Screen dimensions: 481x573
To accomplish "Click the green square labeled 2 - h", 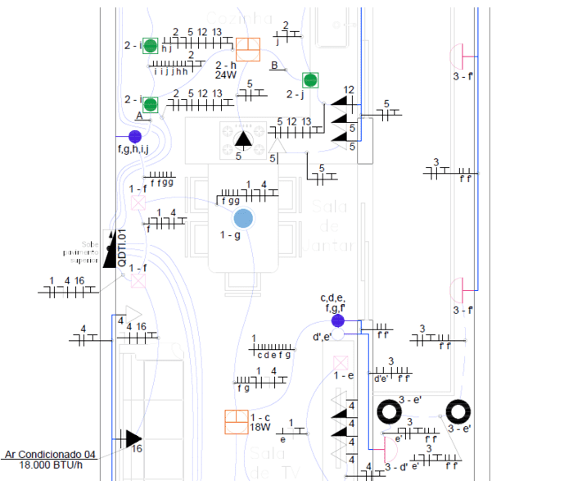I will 151,46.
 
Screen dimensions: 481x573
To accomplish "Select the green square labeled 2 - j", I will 310,79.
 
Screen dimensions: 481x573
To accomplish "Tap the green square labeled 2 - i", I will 151,104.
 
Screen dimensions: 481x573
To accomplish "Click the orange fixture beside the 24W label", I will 247,48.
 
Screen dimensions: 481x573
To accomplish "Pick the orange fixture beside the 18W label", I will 237,422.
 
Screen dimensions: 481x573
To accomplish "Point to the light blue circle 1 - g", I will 242,218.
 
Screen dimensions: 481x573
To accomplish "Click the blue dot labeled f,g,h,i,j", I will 135,136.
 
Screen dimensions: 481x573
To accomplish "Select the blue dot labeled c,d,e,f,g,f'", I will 338,320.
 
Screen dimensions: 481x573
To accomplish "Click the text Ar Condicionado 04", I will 51,454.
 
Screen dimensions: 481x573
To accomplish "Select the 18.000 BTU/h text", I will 51,465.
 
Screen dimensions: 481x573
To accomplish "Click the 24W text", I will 225,75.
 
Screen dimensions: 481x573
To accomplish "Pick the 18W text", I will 259,427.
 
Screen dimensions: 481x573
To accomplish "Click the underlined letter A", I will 140,117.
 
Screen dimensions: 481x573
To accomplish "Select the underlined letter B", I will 275,66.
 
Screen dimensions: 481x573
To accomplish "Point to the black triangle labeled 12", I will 343,103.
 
